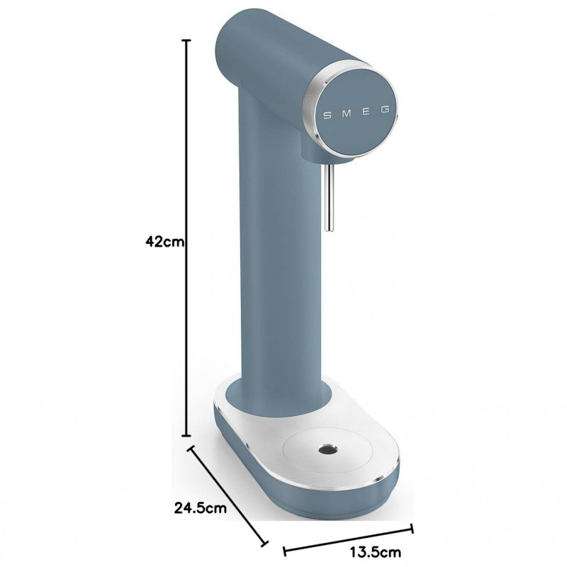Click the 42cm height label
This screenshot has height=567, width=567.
coord(164,241)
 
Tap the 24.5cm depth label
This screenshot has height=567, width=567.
coord(201,508)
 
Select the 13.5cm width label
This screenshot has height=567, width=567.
coord(376,552)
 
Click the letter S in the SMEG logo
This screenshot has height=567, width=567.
coord(327,116)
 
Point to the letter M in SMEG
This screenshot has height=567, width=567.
coord(347,113)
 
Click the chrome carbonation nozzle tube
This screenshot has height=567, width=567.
coord(330,197)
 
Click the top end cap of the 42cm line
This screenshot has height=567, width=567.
coord(186,40)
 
